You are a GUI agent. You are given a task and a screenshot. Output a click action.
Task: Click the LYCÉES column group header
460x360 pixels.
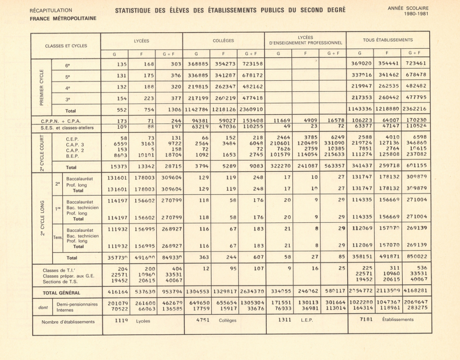(x=141, y=41)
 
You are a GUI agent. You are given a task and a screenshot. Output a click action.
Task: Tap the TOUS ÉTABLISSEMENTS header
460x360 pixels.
(x=387, y=40)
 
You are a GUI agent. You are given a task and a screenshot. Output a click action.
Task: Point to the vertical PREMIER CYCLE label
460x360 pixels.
(x=41, y=87)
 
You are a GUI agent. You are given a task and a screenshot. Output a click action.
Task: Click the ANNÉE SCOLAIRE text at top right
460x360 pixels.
(x=408, y=8)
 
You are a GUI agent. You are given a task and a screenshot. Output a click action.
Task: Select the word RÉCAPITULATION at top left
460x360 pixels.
(x=51, y=10)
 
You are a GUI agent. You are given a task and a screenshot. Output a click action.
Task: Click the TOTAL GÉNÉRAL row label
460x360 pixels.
(x=61, y=293)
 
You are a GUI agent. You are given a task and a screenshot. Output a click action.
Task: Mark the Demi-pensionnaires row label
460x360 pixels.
(x=76, y=304)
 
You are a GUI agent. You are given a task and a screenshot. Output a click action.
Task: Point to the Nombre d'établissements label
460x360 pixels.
(x=68, y=322)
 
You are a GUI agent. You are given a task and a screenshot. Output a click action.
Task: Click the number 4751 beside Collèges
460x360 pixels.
(x=203, y=320)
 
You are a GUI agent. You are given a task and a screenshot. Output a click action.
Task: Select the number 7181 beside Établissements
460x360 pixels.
(x=365, y=320)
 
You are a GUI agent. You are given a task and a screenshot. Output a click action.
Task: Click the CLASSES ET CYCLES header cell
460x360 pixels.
(x=66, y=46)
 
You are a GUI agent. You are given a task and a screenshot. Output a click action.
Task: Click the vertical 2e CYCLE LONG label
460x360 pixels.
(x=41, y=218)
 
